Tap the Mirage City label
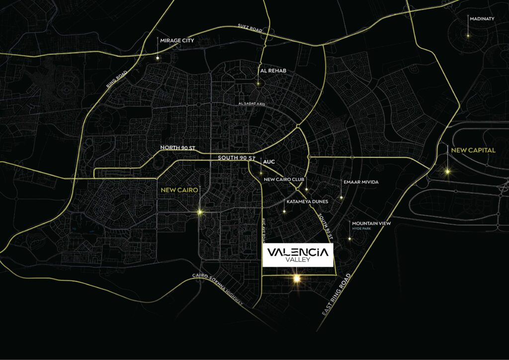(177, 40)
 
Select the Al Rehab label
(273, 71)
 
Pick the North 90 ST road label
(177, 148)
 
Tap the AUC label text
(268, 162)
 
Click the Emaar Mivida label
(361, 182)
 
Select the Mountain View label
(371, 224)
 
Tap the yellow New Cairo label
(179, 190)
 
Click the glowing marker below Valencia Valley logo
(297, 279)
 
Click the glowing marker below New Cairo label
(200, 212)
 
